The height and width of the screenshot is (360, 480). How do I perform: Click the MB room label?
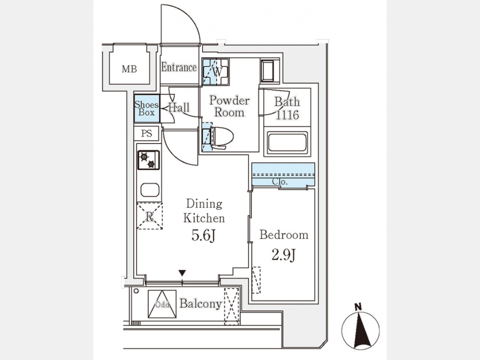click(129, 69)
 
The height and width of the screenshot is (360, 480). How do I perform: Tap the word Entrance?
click(179, 67)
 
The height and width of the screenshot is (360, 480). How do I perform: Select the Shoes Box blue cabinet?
click(147, 108)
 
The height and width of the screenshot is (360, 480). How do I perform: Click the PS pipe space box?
click(147, 133)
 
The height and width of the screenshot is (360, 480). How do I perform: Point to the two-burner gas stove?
click(148, 160)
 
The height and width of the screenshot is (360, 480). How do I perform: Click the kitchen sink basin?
click(150, 190)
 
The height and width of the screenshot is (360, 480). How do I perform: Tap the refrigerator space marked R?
click(149, 216)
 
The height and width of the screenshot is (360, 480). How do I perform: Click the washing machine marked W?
click(216, 72)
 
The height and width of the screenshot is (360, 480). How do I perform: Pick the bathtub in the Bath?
click(287, 142)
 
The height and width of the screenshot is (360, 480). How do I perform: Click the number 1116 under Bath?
click(287, 115)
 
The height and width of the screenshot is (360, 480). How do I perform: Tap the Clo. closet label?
click(280, 182)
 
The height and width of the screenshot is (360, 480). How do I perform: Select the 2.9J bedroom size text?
click(284, 255)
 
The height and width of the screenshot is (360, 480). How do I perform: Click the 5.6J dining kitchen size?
click(204, 235)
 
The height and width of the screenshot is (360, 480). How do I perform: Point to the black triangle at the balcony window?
click(182, 273)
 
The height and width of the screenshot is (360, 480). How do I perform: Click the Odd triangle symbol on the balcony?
click(162, 304)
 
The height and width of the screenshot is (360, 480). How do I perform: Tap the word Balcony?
click(201, 303)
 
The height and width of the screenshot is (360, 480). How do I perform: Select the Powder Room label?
click(229, 106)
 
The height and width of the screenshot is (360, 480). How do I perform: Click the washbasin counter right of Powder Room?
click(270, 71)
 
